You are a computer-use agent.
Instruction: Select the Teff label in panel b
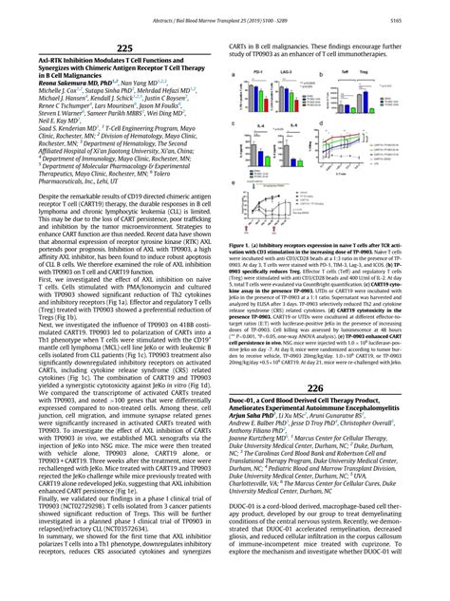click(x=345, y=71)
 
